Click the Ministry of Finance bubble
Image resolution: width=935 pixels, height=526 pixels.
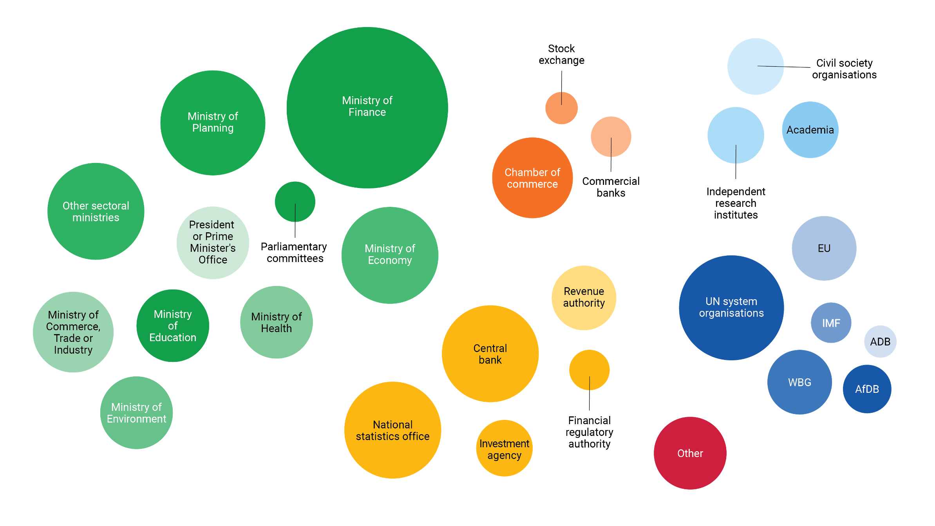[x=367, y=108]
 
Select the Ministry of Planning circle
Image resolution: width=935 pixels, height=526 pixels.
[x=213, y=123]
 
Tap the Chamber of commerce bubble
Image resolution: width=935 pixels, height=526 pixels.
[x=532, y=178]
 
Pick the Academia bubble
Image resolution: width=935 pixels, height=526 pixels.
[x=810, y=130]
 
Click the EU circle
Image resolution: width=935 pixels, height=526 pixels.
[x=824, y=248]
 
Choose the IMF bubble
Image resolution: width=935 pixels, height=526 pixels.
[x=831, y=323]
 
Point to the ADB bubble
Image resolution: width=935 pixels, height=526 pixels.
[x=880, y=342]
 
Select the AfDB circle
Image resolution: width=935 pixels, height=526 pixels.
[x=867, y=389]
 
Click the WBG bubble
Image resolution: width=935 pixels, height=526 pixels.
[x=799, y=382]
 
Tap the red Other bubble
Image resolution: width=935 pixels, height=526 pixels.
[x=690, y=453]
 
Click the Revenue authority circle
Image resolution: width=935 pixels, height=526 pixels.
[x=584, y=298]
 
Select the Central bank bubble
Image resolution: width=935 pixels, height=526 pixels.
[x=490, y=354]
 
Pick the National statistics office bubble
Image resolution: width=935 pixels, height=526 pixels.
[x=392, y=430]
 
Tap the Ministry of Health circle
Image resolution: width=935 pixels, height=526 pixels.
[x=276, y=322]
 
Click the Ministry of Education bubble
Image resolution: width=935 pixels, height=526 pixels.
[x=173, y=326]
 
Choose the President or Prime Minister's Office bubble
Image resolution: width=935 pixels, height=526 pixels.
[x=213, y=243]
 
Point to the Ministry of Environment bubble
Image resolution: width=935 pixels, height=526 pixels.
[x=136, y=413]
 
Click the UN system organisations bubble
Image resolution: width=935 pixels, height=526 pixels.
[x=731, y=307]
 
